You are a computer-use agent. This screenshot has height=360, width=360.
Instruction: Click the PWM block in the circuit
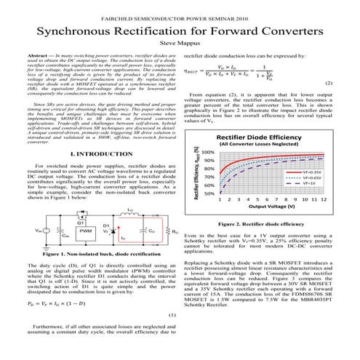85,231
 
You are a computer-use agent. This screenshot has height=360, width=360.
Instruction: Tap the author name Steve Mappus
180,43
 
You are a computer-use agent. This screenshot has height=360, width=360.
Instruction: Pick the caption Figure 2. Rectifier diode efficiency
271,224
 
